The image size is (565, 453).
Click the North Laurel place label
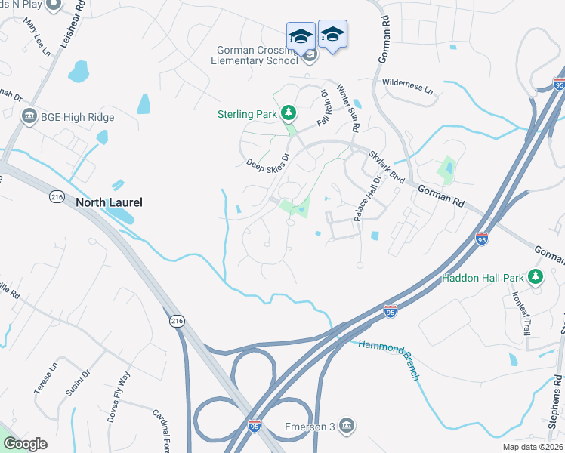pos(109,202)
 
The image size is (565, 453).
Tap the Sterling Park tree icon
pos(287,114)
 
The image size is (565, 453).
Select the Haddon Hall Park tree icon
pos(536,277)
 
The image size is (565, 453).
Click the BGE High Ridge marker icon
pos(30,117)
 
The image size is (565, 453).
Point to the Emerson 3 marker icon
pos(347,427)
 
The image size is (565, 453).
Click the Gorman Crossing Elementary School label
pos(255,55)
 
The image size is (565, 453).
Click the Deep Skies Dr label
pos(268,163)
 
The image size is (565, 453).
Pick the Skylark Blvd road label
pos(387,168)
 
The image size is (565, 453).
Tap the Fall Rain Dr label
pos(325,109)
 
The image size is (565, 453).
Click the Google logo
pos(24,444)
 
